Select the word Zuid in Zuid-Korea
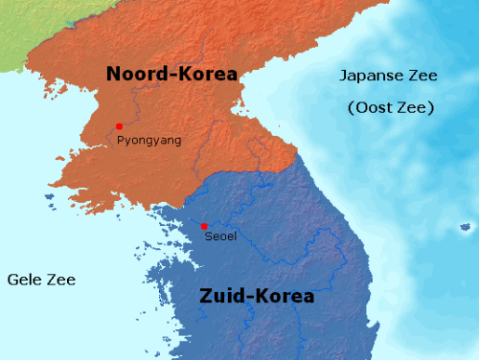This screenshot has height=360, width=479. (x=222, y=296)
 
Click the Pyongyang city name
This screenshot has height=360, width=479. (x=148, y=141)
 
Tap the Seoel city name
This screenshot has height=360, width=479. (x=220, y=236)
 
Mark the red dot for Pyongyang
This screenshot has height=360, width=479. (x=119, y=126)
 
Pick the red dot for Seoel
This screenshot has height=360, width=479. (x=204, y=226)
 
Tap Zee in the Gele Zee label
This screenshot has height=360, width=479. (x=61, y=280)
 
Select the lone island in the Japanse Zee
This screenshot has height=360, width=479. (x=466, y=227)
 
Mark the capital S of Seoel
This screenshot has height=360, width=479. (x=209, y=236)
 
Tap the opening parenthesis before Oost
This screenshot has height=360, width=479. (x=351, y=107)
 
